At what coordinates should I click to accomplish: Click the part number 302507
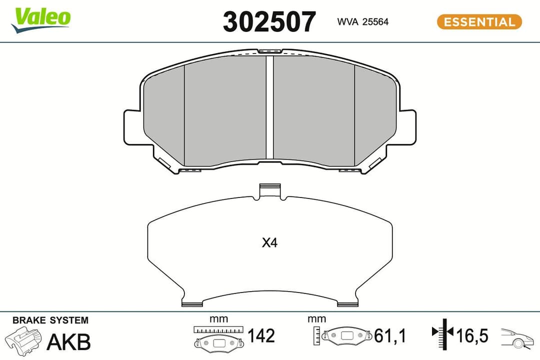coord(269,22)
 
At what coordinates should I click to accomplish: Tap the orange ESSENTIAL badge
coord(479,22)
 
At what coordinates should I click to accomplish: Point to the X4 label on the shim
coord(269,243)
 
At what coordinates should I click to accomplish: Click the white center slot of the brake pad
coord(269,107)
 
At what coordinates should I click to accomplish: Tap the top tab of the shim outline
coord(270,190)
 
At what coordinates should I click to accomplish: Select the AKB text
coord(68,342)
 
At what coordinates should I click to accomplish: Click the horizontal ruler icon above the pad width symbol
coord(218,330)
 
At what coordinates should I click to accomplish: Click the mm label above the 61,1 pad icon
coord(316,318)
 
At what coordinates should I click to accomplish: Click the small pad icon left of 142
coord(219,343)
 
